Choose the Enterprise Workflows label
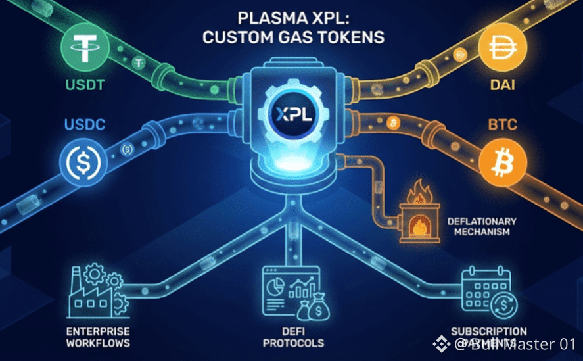pos(98,337)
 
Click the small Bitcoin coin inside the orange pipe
pos(394,122)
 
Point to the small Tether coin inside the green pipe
pos(139,63)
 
